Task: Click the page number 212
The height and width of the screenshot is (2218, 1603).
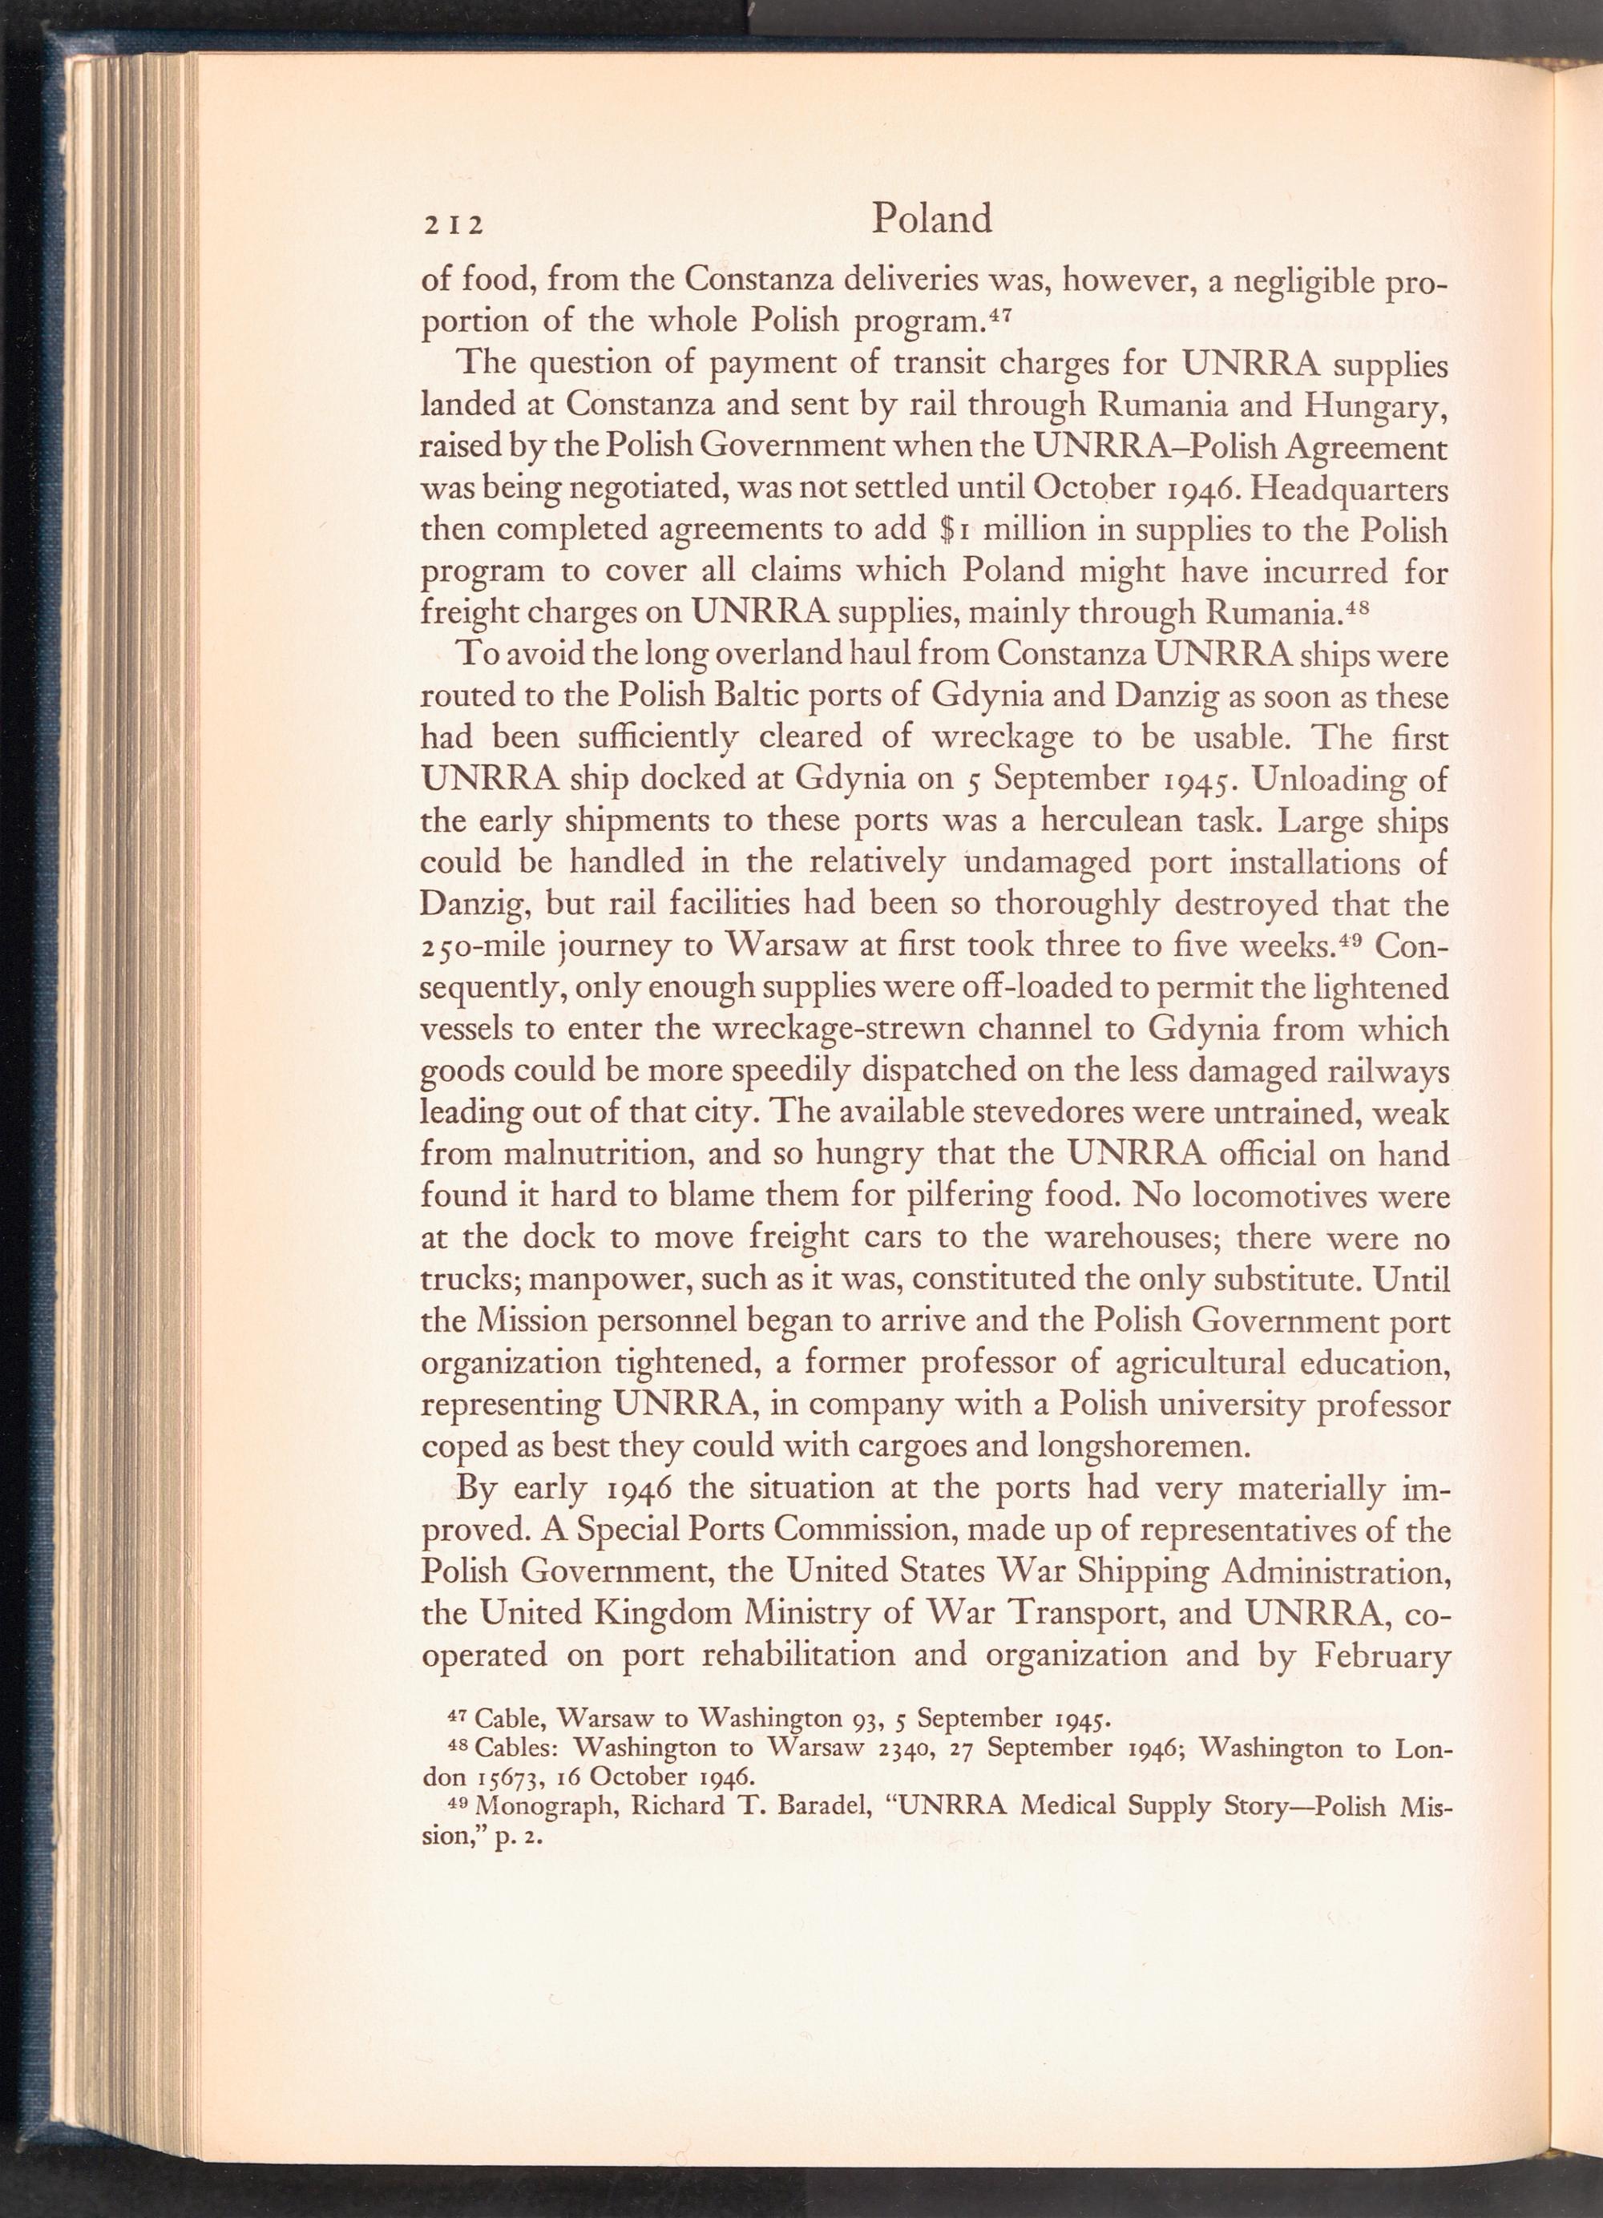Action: tap(452, 226)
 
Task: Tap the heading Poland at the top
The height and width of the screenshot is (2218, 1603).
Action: tap(931, 219)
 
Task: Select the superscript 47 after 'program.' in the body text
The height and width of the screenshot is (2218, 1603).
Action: tap(995, 315)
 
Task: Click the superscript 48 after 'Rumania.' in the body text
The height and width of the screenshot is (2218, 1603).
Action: tap(1355, 607)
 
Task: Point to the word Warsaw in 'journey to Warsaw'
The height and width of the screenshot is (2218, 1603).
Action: tap(776, 946)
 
